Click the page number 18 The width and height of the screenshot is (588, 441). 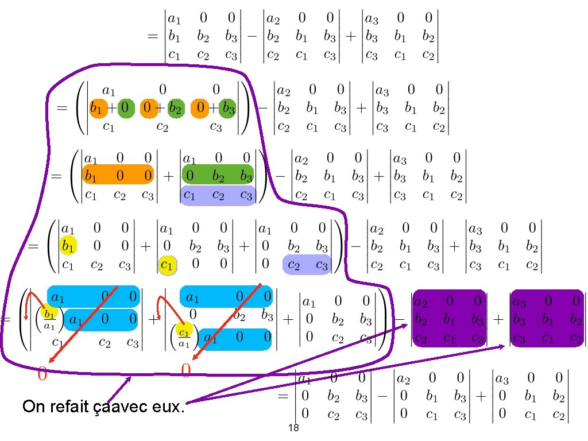pos(293,428)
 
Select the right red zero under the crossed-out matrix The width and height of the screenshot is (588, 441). pos(186,372)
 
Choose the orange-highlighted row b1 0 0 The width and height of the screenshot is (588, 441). pos(117,175)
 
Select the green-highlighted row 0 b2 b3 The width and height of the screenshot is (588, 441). pos(218,175)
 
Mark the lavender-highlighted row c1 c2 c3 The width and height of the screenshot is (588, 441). pos(218,195)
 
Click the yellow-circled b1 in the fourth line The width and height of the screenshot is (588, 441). pos(68,247)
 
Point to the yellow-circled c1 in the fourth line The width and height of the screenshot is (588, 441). pos(167,266)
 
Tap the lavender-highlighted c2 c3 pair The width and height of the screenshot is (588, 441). pos(307,265)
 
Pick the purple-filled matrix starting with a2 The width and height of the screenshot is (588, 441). pos(450,318)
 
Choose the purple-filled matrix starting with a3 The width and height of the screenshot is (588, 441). pos(547,318)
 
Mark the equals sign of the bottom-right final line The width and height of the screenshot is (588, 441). pos(283,396)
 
